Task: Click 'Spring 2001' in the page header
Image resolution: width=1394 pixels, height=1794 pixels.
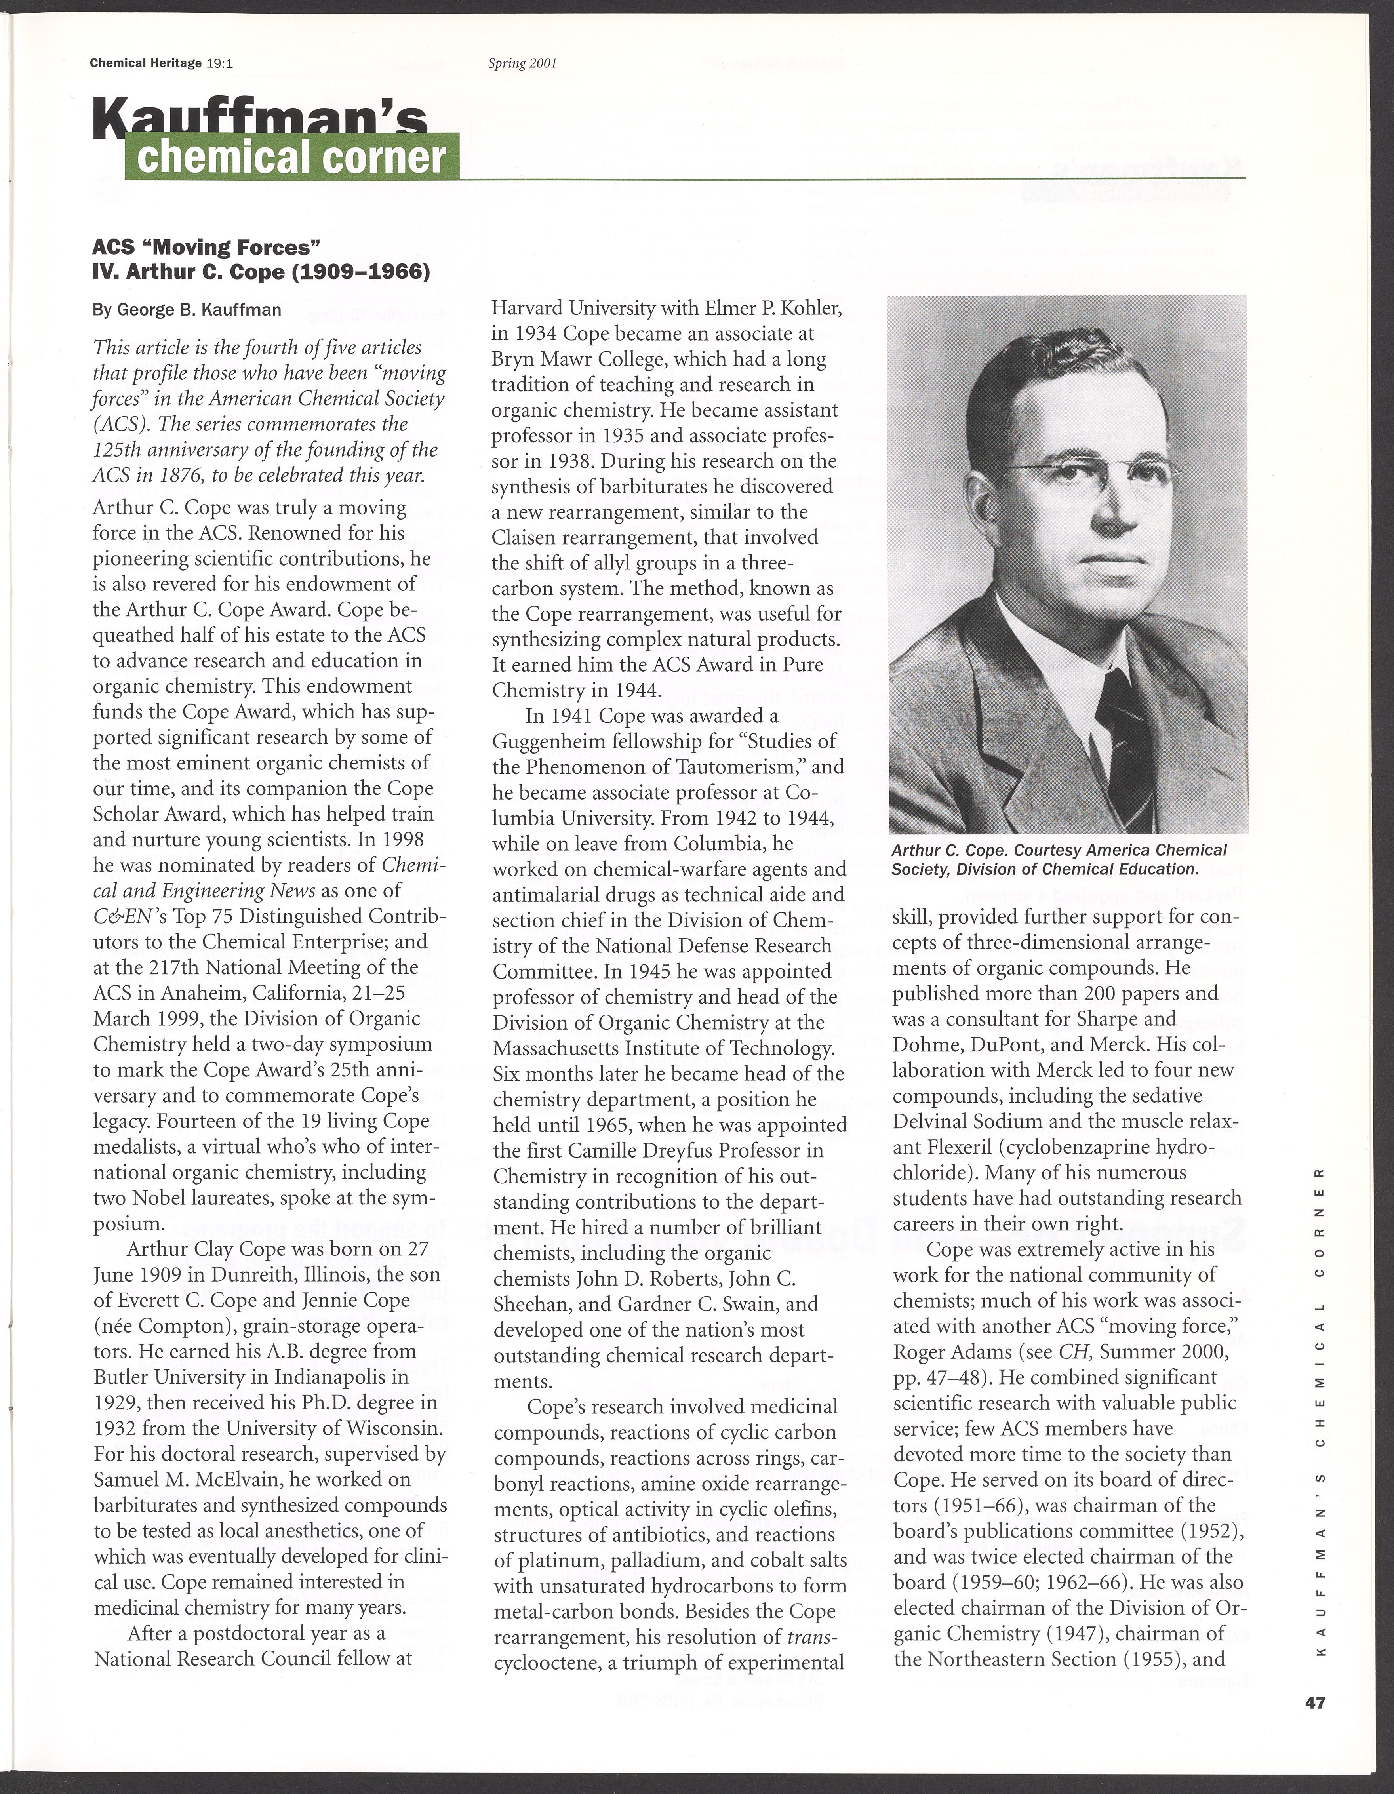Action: [522, 63]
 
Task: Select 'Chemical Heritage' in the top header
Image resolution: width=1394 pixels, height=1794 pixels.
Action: [146, 63]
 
